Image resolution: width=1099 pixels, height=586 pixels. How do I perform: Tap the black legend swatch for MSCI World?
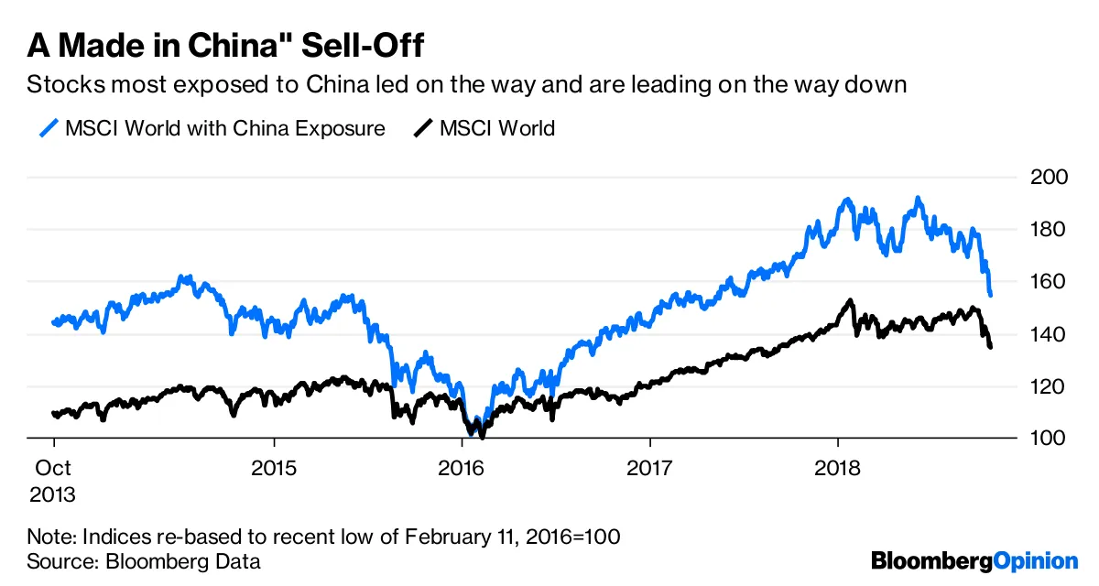[422, 128]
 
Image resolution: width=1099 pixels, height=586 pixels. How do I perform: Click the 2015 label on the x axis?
[274, 467]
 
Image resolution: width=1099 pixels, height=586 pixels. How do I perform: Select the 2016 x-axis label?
[461, 467]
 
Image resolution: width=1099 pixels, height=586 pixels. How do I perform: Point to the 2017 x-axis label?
[649, 467]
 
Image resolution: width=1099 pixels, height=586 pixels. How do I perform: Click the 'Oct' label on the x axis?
[53, 467]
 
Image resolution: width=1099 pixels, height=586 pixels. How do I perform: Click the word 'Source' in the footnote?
[56, 560]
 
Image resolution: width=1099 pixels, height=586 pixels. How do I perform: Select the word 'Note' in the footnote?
[49, 536]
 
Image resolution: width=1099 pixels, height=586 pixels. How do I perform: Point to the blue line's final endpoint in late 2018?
[991, 294]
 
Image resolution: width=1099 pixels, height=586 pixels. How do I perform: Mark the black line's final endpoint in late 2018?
[991, 346]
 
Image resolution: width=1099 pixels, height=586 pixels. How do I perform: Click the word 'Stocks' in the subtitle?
[57, 86]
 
